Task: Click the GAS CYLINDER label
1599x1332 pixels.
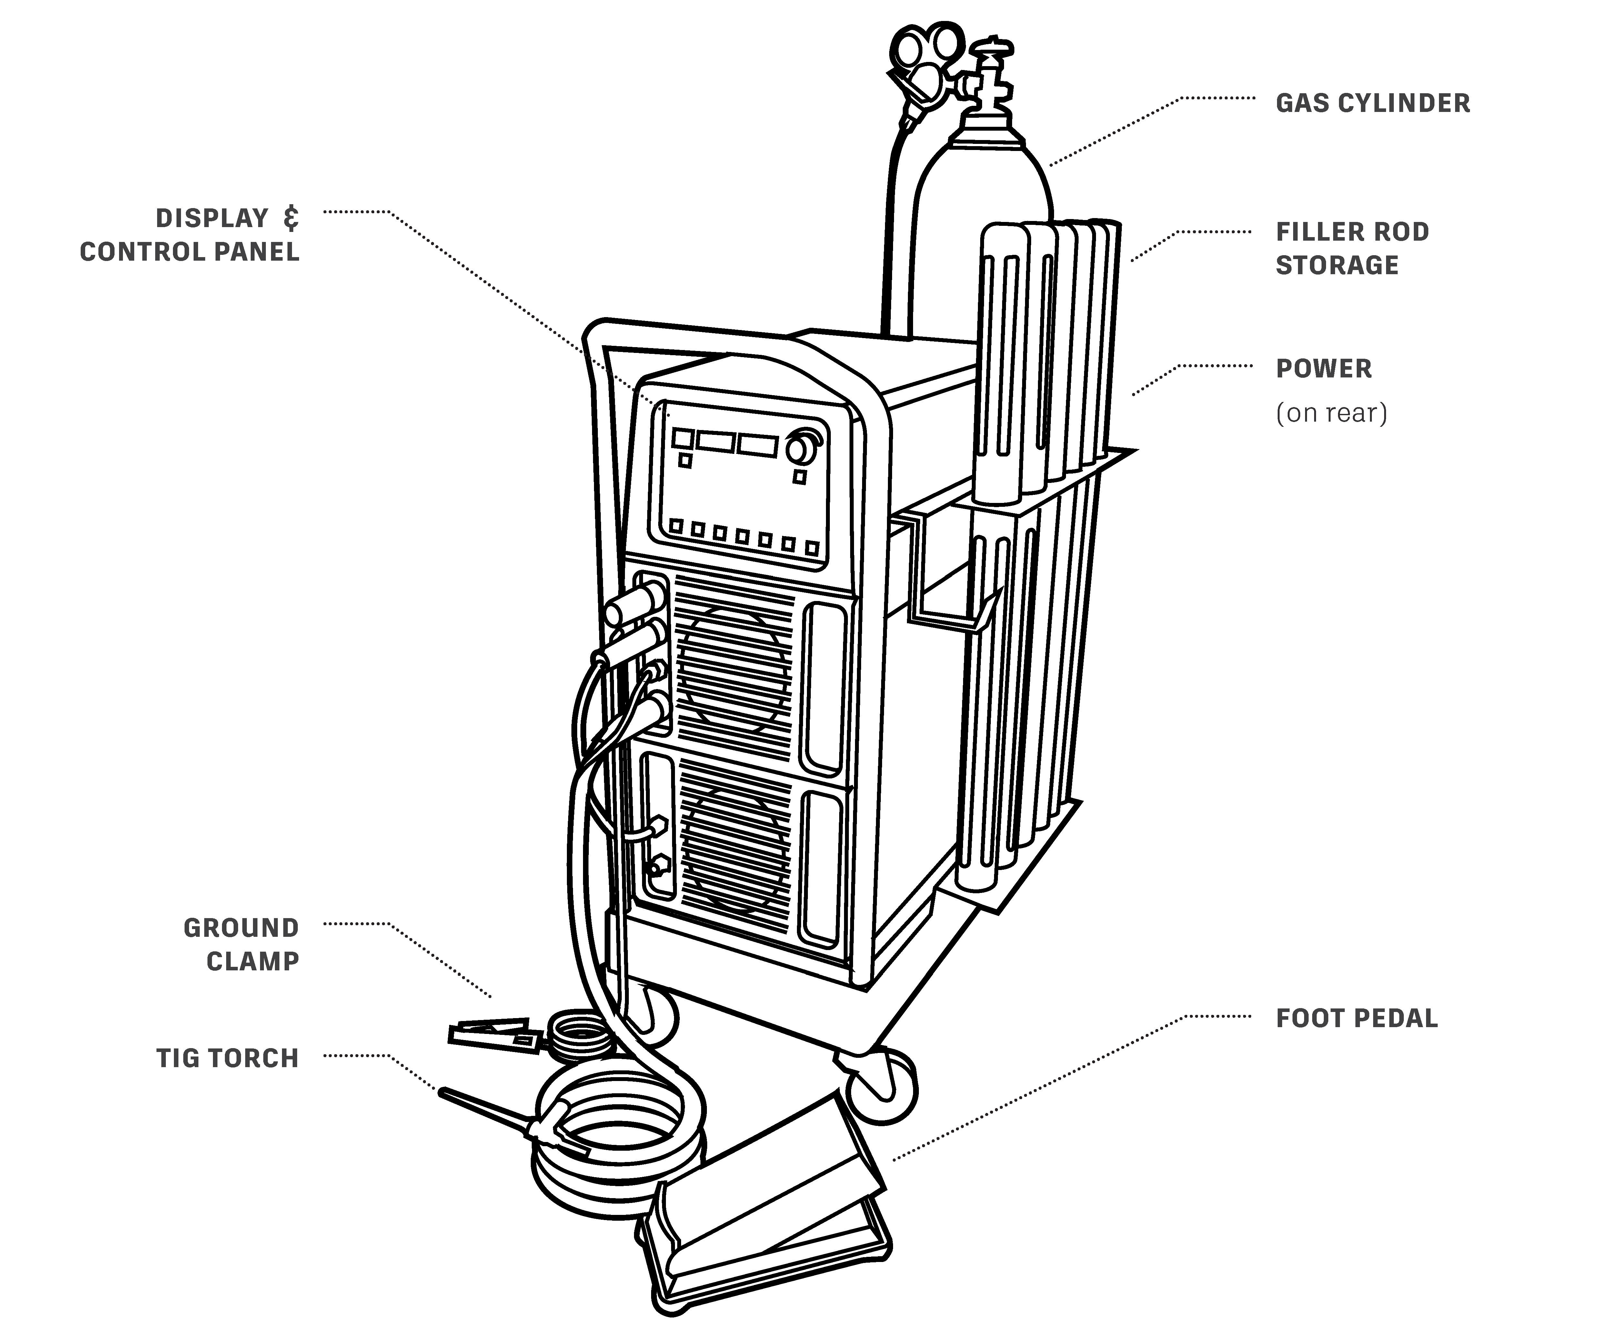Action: [x=1372, y=104]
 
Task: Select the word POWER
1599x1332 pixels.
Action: [x=1323, y=369]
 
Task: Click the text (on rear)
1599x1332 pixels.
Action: [x=1331, y=413]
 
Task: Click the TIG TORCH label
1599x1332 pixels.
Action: [x=227, y=1058]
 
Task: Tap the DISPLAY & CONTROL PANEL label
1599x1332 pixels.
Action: [x=190, y=235]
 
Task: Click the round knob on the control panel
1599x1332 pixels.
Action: [x=801, y=449]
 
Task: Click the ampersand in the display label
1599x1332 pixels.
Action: [x=290, y=218]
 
